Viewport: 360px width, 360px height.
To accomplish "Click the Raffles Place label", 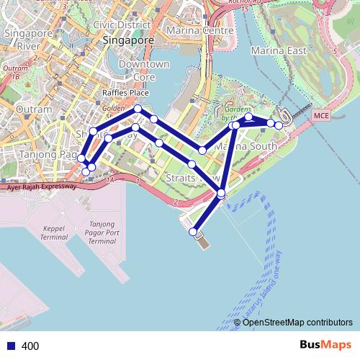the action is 125,93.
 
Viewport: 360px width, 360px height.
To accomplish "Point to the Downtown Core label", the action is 144,71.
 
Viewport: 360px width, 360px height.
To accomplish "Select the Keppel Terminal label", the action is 53,231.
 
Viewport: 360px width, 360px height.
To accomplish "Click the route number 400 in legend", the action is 31,346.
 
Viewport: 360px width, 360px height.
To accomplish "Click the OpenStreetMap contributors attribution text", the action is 298,322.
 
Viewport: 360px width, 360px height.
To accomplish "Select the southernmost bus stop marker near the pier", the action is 193,232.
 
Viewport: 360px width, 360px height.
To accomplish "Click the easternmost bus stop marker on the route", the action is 279,125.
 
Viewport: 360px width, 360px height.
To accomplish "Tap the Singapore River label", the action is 22,40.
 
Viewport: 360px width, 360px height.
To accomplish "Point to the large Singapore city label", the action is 128,41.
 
